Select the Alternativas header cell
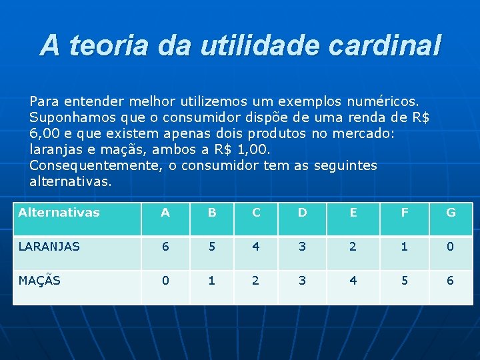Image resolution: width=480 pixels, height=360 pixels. coord(59,213)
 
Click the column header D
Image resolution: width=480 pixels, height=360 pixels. coord(302,213)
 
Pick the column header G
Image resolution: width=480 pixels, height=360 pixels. coord(451,213)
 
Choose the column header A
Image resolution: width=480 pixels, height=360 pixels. coord(165,213)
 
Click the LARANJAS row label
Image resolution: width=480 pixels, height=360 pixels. coord(49,246)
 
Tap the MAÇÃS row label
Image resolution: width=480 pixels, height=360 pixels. coord(39,280)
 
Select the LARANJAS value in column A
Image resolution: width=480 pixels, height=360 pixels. coord(165,246)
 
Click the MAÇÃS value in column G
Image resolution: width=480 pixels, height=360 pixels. coord(451,280)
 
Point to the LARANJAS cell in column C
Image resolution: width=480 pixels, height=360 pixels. coord(256,246)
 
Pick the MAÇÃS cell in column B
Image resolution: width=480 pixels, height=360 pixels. coord(211,280)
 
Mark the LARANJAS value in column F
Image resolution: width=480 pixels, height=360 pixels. coord(403,246)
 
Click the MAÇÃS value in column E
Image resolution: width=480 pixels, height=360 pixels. coord(353,280)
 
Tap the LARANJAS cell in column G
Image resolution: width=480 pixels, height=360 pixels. coord(451,246)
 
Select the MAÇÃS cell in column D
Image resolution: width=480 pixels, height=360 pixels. coord(302,280)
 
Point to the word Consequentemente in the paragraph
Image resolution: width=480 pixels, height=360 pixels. coord(93,165)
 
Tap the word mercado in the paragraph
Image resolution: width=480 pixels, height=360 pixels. coord(369,134)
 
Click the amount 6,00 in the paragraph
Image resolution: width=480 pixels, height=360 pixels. coord(45,134)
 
